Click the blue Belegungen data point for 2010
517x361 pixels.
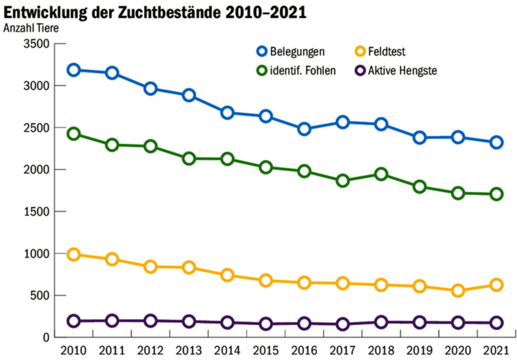point(73,70)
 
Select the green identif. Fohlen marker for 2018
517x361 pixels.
point(381,174)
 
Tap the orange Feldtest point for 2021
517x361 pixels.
point(496,285)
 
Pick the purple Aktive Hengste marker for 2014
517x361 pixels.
point(227,322)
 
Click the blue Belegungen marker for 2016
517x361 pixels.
point(304,129)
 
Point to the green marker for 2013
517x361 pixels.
point(189,159)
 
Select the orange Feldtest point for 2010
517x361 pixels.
point(73,254)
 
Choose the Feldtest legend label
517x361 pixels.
point(386,51)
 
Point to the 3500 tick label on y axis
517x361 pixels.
point(36,44)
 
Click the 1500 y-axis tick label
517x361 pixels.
point(36,212)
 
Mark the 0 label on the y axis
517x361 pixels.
point(46,337)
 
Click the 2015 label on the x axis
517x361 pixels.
point(266,350)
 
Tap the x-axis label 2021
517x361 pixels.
point(496,350)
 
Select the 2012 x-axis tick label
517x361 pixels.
point(150,350)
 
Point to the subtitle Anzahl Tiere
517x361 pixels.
point(31,28)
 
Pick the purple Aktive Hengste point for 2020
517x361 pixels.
point(458,323)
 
